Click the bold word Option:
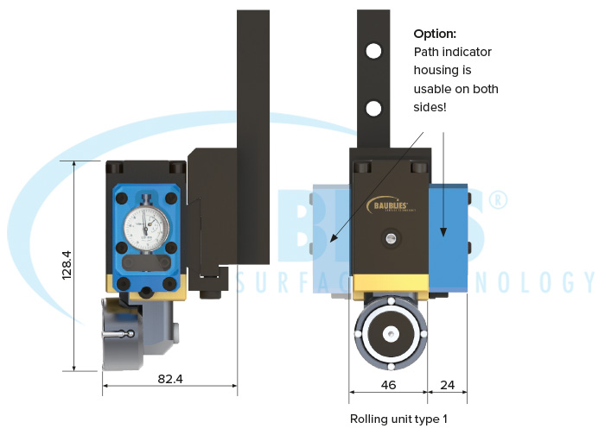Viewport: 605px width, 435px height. click(x=434, y=34)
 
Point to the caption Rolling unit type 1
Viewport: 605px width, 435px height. click(x=398, y=419)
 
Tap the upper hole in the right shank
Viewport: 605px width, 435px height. click(x=373, y=51)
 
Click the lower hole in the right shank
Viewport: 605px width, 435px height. click(x=373, y=109)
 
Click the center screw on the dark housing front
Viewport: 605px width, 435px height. click(x=391, y=237)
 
